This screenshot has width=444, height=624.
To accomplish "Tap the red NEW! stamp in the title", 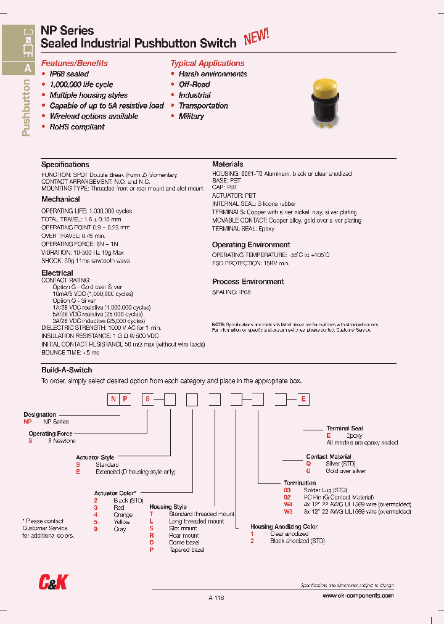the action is (x=257, y=38).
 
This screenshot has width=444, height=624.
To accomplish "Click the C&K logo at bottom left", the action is (x=53, y=582).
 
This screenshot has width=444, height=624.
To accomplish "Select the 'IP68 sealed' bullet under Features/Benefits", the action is (x=69, y=74).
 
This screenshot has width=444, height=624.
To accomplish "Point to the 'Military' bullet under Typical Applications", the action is (x=191, y=116).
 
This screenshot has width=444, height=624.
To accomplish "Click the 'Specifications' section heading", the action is (x=65, y=165).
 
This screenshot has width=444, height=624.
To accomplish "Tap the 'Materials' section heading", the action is (x=228, y=165).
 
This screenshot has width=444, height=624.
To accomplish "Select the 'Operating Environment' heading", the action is (x=251, y=245).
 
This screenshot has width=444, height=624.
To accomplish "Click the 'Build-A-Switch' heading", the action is (x=67, y=370).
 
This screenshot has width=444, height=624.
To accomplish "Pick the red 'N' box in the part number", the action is (x=113, y=400).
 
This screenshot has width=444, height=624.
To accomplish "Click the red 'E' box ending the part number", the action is (x=303, y=400).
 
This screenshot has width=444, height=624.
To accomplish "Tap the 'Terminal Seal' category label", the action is (x=345, y=429).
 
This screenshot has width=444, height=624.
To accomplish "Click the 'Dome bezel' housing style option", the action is (x=184, y=543).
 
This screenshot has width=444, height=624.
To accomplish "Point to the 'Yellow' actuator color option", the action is (x=121, y=522).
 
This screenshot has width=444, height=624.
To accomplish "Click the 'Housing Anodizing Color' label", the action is (x=284, y=527).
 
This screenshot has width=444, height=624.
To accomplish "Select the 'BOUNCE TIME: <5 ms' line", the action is (x=70, y=353).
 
